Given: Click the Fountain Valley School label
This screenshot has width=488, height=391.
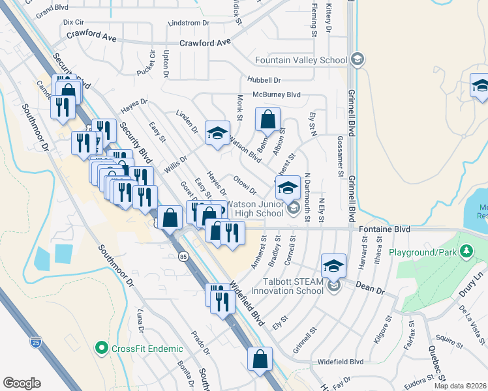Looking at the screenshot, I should (301, 61).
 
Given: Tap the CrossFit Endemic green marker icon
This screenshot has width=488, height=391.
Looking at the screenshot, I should (101, 349).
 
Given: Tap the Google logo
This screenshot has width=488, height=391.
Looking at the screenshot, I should (22, 383).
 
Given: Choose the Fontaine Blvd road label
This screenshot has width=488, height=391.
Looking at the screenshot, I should (384, 229).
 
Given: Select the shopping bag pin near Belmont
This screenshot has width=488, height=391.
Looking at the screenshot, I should (267, 120).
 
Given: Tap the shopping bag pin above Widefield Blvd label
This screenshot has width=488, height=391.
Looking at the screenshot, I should (260, 358).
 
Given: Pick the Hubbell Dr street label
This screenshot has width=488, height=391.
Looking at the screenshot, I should (264, 80).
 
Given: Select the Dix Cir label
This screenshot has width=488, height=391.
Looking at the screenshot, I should (74, 22).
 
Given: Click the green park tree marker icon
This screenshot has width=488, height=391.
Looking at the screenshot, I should (466, 251).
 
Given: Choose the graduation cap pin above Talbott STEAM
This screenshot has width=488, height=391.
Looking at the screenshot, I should (333, 265).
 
